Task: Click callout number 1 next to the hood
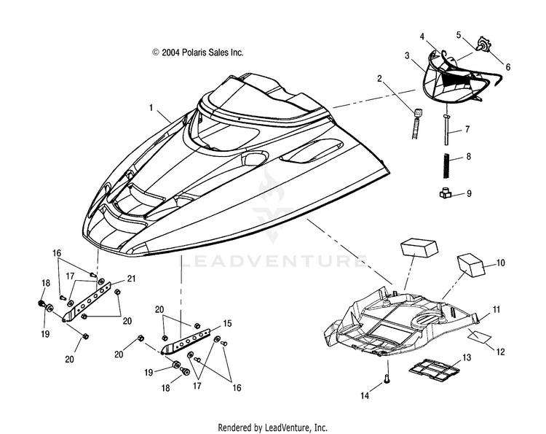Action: (152, 107)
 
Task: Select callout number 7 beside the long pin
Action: (467, 131)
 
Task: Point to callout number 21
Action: (132, 278)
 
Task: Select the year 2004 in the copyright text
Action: (170, 53)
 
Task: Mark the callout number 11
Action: (496, 311)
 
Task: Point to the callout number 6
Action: (508, 67)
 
